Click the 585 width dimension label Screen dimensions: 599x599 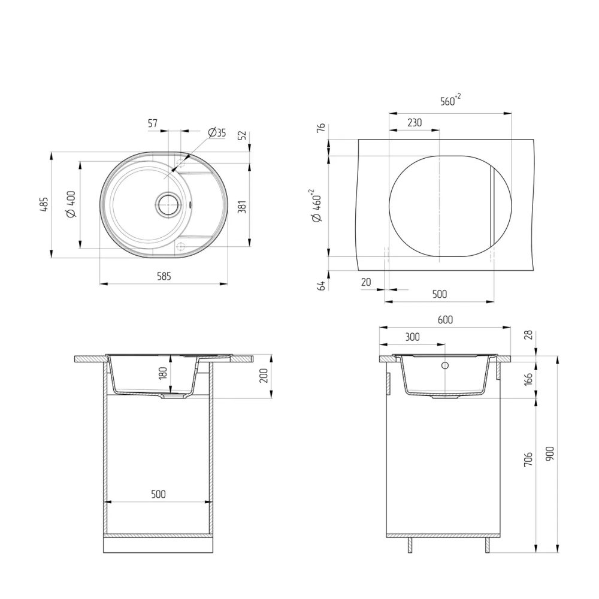click(x=164, y=276)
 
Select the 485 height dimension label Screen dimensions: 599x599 click(x=43, y=205)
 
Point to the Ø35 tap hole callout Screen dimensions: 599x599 click(x=217, y=133)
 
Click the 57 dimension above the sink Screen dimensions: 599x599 click(x=152, y=123)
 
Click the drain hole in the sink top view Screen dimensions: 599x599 click(x=168, y=204)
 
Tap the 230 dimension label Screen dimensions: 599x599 click(x=414, y=123)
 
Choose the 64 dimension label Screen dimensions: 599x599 click(x=321, y=286)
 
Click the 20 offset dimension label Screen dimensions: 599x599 click(x=366, y=282)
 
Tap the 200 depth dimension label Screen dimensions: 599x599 click(x=263, y=376)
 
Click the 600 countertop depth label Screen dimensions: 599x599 click(x=445, y=320)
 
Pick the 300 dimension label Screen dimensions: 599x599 click(x=412, y=337)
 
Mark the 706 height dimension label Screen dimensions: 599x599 click(x=527, y=459)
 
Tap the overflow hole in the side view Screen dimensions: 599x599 click(x=445, y=365)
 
